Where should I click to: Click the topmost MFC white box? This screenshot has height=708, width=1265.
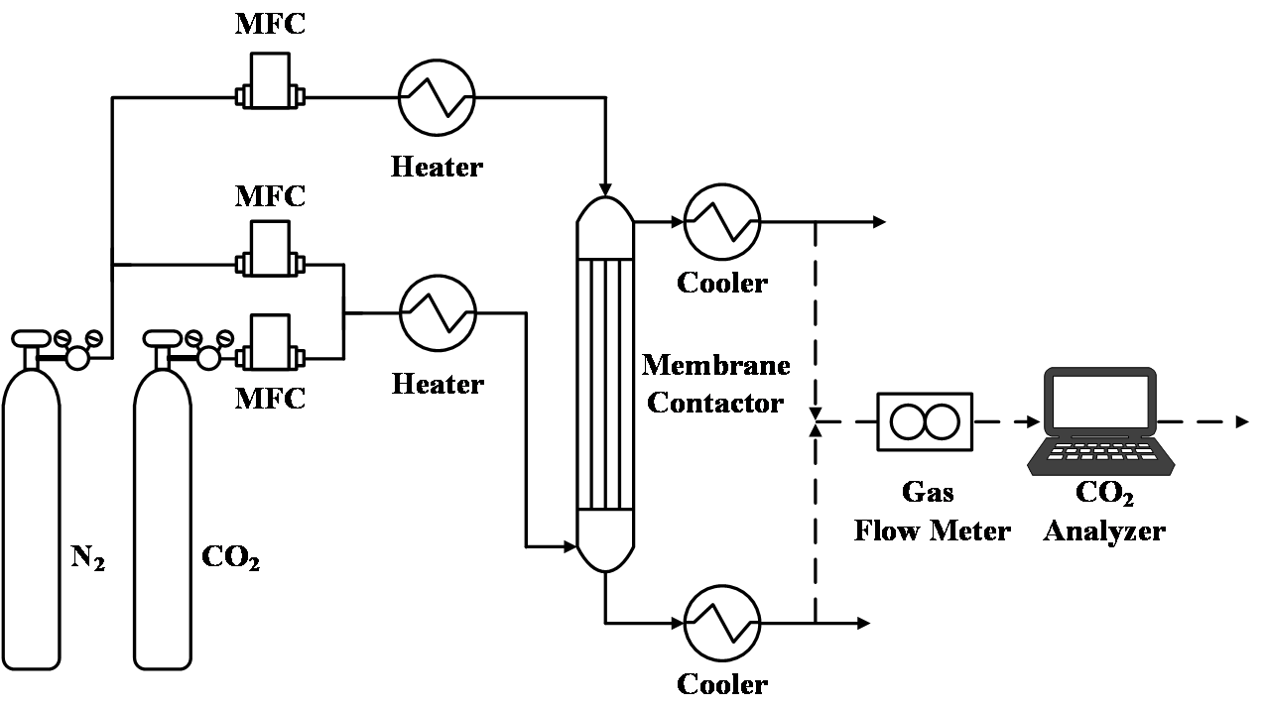[270, 79]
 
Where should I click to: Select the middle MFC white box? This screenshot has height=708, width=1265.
[270, 247]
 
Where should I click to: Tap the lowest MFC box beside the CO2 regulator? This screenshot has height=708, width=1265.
[270, 341]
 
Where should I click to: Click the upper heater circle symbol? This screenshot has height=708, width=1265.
[437, 97]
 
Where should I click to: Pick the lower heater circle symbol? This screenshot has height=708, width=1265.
[438, 312]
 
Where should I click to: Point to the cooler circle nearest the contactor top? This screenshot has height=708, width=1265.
[722, 222]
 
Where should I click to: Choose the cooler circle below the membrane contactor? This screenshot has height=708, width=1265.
[722, 623]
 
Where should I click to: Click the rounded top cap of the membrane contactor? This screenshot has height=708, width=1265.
[605, 228]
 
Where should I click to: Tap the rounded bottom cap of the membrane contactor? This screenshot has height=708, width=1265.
[605, 540]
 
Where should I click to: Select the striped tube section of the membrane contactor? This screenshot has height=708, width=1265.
[605, 385]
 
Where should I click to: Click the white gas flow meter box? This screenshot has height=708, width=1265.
[925, 421]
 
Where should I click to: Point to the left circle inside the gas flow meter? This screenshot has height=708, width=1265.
[908, 421]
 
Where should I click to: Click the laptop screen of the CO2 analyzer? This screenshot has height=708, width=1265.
[1100, 406]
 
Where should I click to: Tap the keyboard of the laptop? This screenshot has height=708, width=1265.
[1100, 453]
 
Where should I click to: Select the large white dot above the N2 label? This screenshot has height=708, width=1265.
[77, 357]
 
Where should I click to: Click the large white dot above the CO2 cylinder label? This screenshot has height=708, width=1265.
[208, 357]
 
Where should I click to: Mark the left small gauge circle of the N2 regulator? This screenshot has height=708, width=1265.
[63, 338]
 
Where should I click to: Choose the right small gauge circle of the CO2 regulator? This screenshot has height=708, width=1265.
[225, 338]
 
